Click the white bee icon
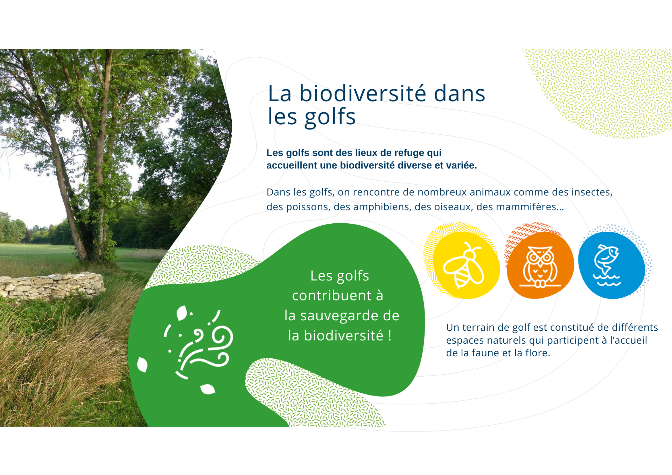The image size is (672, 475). click(464, 265)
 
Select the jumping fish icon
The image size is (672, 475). click(607, 265)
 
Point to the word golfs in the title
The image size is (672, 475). click(330, 117)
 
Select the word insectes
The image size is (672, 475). click(591, 192)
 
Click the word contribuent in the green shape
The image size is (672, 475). click(331, 296)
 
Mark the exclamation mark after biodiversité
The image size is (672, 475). click(390, 336)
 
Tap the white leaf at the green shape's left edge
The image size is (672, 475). click(142, 364)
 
